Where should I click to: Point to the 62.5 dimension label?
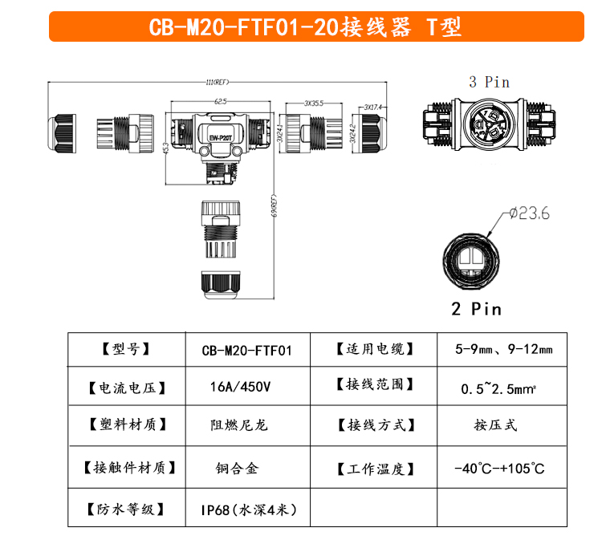(x=220, y=102)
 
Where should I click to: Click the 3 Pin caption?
(x=490, y=81)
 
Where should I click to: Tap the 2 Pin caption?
(x=476, y=309)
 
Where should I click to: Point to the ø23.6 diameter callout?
(x=530, y=213)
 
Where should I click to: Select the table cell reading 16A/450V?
(x=240, y=387)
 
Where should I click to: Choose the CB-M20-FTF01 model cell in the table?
(x=246, y=350)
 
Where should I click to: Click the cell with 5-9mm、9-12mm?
(x=503, y=350)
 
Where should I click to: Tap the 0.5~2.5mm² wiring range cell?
(x=503, y=388)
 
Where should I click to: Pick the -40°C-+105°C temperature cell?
(x=498, y=468)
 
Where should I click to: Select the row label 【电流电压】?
(x=127, y=388)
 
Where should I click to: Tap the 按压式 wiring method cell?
(x=495, y=425)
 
